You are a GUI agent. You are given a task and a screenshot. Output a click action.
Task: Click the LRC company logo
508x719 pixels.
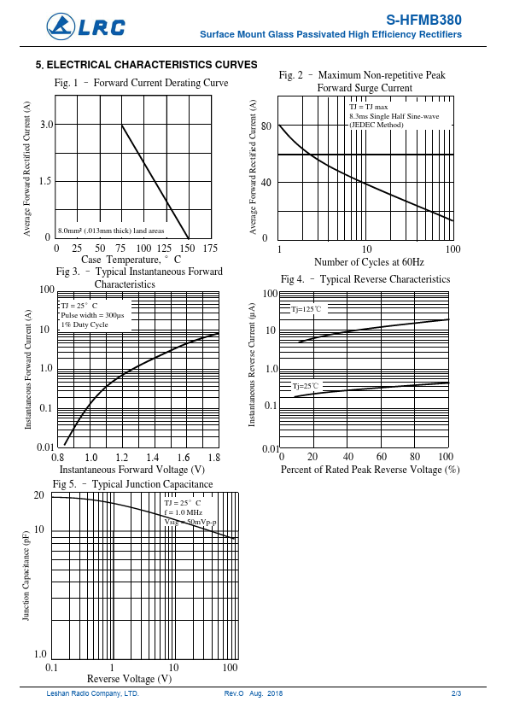click(x=85, y=26)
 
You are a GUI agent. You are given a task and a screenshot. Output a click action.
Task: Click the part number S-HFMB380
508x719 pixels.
click(x=423, y=20)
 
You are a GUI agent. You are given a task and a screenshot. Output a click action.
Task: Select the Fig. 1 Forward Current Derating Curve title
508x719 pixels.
click(x=141, y=83)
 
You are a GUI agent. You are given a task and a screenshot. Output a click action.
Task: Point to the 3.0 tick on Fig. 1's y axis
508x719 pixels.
click(x=47, y=125)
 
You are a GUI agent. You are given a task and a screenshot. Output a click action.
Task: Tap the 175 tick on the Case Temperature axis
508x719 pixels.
click(x=210, y=248)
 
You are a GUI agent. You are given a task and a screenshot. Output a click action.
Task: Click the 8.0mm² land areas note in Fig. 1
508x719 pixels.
click(x=111, y=231)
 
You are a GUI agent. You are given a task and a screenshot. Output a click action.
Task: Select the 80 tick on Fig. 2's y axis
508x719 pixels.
click(x=266, y=126)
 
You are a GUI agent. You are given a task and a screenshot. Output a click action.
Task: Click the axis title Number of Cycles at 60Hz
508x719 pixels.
click(x=369, y=262)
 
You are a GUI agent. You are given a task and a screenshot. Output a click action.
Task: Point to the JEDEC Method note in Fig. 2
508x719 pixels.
click(x=377, y=125)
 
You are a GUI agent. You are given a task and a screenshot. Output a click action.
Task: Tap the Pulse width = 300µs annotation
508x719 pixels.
click(x=92, y=315)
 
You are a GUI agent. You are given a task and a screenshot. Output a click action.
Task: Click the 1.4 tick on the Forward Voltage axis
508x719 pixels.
click(x=153, y=457)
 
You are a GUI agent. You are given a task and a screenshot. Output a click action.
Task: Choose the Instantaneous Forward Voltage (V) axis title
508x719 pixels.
click(x=132, y=470)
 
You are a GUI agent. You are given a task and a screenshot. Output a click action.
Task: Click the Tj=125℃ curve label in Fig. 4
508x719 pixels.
click(x=307, y=309)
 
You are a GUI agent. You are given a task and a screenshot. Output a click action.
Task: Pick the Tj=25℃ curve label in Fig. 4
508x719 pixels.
click(x=306, y=386)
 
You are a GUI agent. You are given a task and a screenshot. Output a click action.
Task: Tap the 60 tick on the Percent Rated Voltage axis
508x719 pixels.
click(x=382, y=456)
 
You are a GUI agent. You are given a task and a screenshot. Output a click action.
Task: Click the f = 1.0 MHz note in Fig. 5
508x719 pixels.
click(x=184, y=512)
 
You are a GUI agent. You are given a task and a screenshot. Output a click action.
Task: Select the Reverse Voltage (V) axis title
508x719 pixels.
click(x=129, y=679)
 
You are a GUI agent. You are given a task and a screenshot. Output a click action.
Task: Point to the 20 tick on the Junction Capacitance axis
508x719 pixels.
click(x=39, y=495)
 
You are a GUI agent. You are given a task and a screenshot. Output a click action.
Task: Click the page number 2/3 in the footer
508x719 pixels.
click(x=456, y=693)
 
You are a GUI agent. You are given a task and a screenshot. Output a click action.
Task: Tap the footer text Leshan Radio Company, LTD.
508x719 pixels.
click(x=92, y=693)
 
